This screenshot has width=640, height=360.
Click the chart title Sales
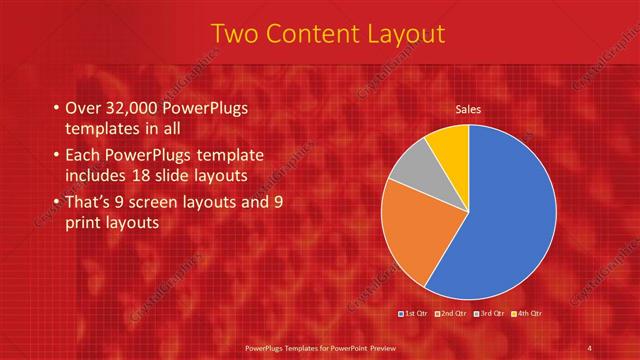pyautogui.click(x=468, y=108)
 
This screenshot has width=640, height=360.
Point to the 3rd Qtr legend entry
pyautogui.click(x=490, y=315)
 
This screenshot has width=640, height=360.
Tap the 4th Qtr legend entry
pyautogui.click(x=527, y=315)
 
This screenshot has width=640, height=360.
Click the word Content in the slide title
pyautogui.click(x=318, y=35)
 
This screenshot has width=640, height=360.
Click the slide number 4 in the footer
pyautogui.click(x=589, y=347)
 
